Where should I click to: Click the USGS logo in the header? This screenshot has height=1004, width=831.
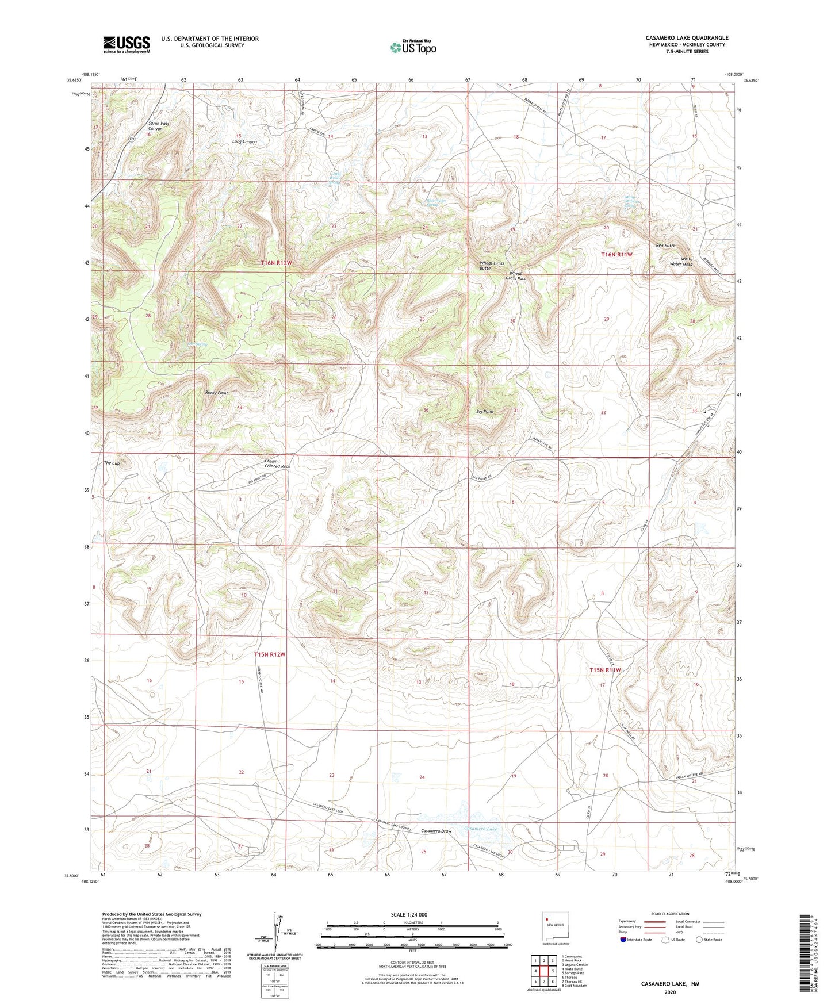point(127,44)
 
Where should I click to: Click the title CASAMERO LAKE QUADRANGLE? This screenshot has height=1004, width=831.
point(687,38)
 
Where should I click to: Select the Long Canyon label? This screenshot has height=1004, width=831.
point(244,141)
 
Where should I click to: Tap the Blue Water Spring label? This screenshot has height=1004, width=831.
point(436,202)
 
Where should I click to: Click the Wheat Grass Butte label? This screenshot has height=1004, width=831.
point(492,266)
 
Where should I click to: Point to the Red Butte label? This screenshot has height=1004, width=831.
point(665,246)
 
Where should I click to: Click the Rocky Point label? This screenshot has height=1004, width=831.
point(217,393)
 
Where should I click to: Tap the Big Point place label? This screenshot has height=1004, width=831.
point(485,412)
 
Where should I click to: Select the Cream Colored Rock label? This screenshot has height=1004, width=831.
point(277,463)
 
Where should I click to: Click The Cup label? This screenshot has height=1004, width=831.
point(112,463)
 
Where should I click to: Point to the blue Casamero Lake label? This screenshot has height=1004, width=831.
point(480,829)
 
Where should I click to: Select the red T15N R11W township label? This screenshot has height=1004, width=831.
point(605,670)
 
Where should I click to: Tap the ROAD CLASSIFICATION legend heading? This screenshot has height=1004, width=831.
point(670,914)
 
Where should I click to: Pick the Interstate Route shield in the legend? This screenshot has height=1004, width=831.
point(625,939)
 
